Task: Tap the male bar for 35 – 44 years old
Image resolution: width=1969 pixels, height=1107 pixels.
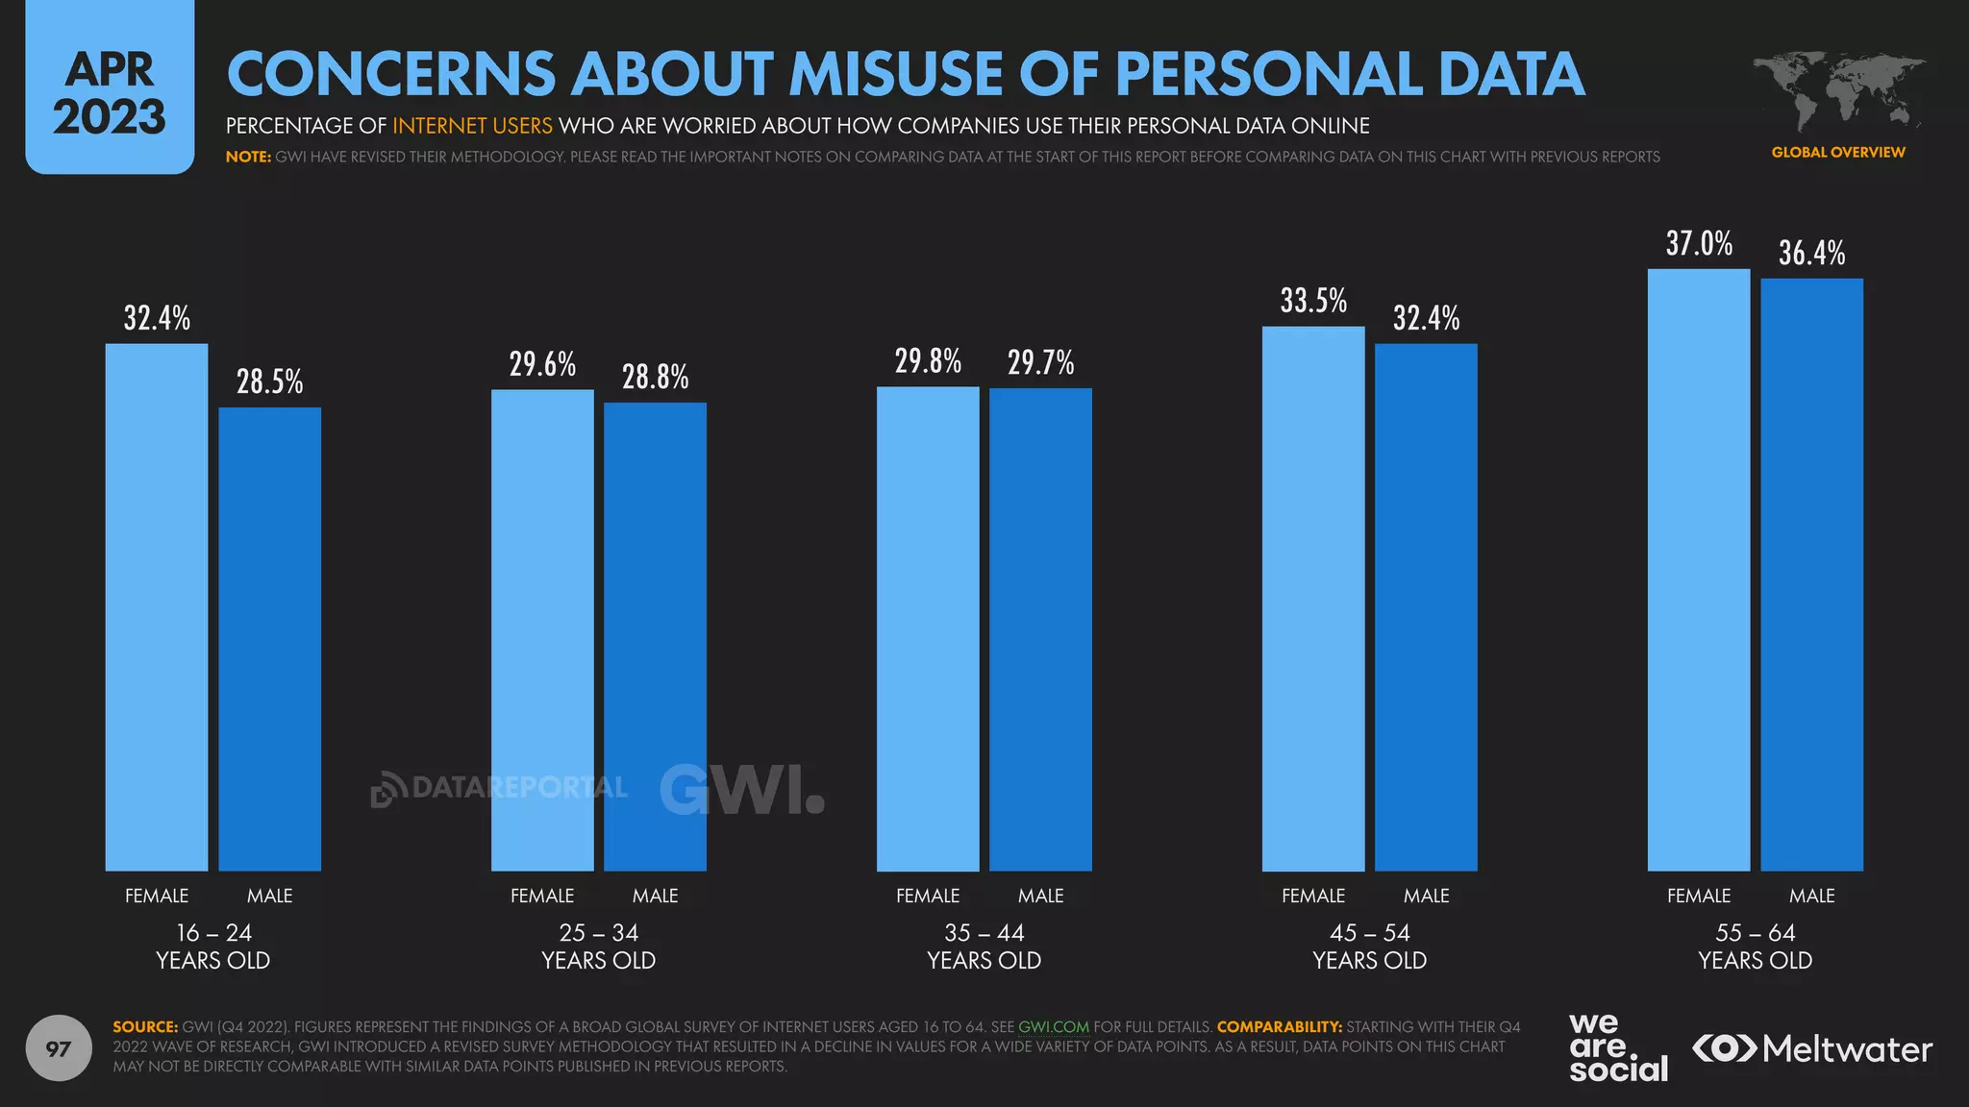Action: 1040,629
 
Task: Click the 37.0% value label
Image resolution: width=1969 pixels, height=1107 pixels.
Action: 1699,244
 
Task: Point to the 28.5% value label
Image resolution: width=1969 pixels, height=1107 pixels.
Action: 269,382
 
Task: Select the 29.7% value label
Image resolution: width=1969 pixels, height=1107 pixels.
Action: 1040,363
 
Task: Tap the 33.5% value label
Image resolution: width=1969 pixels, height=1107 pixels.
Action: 1313,302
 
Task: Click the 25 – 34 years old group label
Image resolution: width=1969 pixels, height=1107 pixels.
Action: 598,947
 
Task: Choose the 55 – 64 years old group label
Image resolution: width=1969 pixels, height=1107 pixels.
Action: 1755,947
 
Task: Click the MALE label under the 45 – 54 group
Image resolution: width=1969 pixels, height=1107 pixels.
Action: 1426,896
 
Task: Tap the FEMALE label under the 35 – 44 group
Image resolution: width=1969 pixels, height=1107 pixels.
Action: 927,896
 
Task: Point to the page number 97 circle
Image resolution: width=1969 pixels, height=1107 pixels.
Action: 59,1048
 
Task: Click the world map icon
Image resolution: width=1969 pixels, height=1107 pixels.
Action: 1837,92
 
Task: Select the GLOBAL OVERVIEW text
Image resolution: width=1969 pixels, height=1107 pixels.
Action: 1837,152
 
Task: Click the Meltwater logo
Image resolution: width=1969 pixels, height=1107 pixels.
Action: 1811,1048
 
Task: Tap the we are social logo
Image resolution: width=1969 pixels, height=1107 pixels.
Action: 1617,1048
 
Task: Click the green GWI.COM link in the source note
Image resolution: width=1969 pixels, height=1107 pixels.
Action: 1053,1026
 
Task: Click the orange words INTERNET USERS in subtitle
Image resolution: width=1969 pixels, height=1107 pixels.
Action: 472,126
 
